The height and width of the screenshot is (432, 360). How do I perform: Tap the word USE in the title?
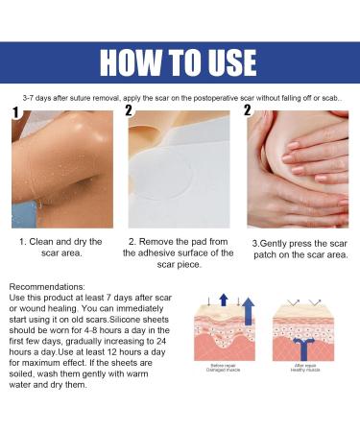tap(227, 62)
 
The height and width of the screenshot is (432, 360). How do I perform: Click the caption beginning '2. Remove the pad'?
tap(179, 252)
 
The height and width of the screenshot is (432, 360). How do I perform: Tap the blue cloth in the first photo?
tap(34, 209)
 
